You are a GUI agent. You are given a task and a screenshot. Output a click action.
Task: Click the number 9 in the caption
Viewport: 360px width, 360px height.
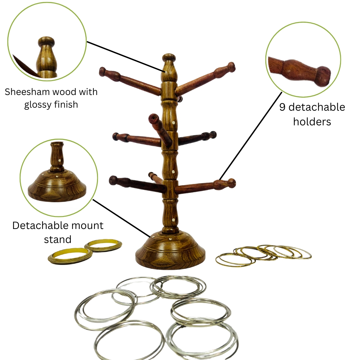click(282, 107)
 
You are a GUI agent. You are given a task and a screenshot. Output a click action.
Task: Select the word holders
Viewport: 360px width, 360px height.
click(312, 122)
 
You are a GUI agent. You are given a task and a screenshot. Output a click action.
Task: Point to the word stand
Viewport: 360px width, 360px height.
click(58, 239)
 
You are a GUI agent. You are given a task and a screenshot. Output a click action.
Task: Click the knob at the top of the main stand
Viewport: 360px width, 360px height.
click(169, 58)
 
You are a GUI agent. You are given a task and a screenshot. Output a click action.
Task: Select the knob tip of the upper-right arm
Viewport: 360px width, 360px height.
click(231, 67)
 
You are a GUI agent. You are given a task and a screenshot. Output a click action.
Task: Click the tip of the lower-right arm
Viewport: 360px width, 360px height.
click(231, 183)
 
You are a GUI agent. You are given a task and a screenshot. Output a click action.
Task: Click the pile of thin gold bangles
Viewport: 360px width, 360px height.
click(263, 256)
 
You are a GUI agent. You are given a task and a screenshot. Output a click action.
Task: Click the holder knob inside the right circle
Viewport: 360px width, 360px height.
click(323, 76)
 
